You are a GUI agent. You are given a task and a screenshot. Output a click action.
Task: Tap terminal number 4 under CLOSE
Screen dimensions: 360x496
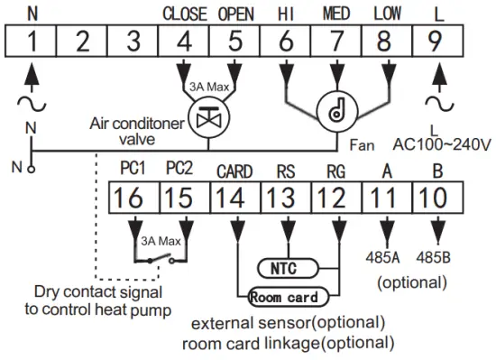(x=185, y=42)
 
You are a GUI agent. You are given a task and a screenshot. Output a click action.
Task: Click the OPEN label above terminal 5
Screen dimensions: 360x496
(x=236, y=14)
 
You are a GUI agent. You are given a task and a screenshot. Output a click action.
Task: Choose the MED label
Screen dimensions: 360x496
(x=336, y=14)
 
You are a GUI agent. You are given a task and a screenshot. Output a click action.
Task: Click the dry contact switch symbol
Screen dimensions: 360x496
(x=160, y=259)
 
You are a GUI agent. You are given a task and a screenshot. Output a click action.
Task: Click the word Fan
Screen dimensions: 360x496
(x=361, y=143)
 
